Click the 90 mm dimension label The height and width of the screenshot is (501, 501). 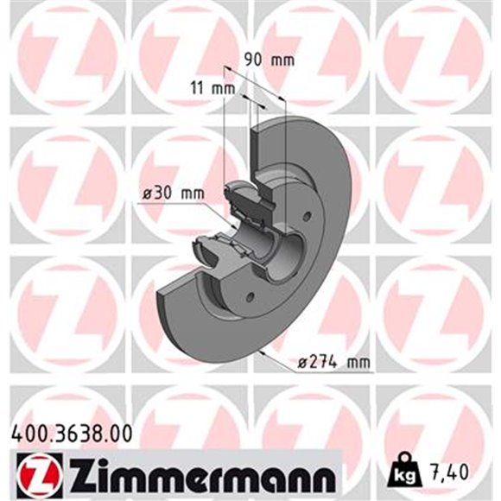click(269, 60)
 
